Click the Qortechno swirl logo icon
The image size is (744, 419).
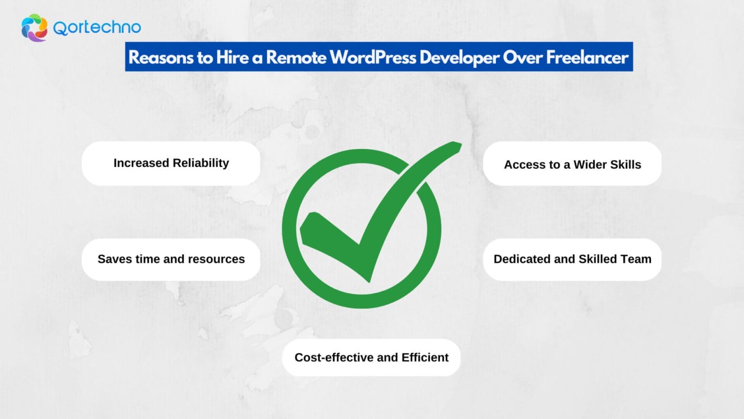click(34, 28)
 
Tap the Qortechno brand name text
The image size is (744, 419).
click(97, 28)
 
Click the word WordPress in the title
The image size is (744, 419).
click(373, 57)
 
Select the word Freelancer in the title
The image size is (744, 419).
click(587, 57)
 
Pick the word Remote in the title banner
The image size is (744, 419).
click(296, 57)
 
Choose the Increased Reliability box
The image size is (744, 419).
click(171, 163)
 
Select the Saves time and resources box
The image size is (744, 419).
click(171, 259)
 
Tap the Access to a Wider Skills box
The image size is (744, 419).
click(572, 164)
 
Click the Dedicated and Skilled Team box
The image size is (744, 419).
click(572, 259)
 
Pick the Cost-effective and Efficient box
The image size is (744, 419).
click(371, 357)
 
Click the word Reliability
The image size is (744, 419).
click(201, 163)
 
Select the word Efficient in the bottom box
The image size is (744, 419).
click(425, 357)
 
